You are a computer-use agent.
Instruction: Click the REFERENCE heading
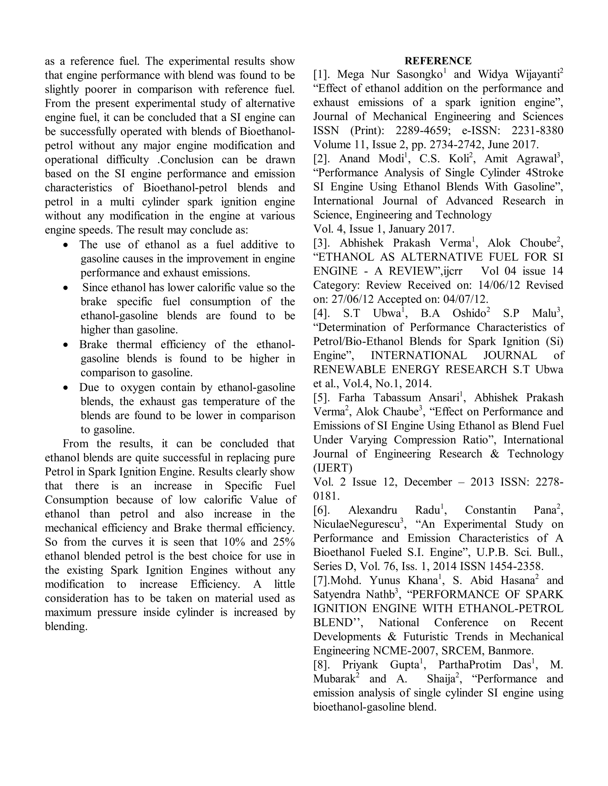(438, 61)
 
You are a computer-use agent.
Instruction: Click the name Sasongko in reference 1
(419, 75)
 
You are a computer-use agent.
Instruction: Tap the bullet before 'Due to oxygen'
(65, 388)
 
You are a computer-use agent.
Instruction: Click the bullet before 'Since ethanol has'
(65, 288)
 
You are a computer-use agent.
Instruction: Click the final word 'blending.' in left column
(66, 626)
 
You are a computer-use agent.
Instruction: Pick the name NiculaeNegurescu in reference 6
(356, 524)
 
